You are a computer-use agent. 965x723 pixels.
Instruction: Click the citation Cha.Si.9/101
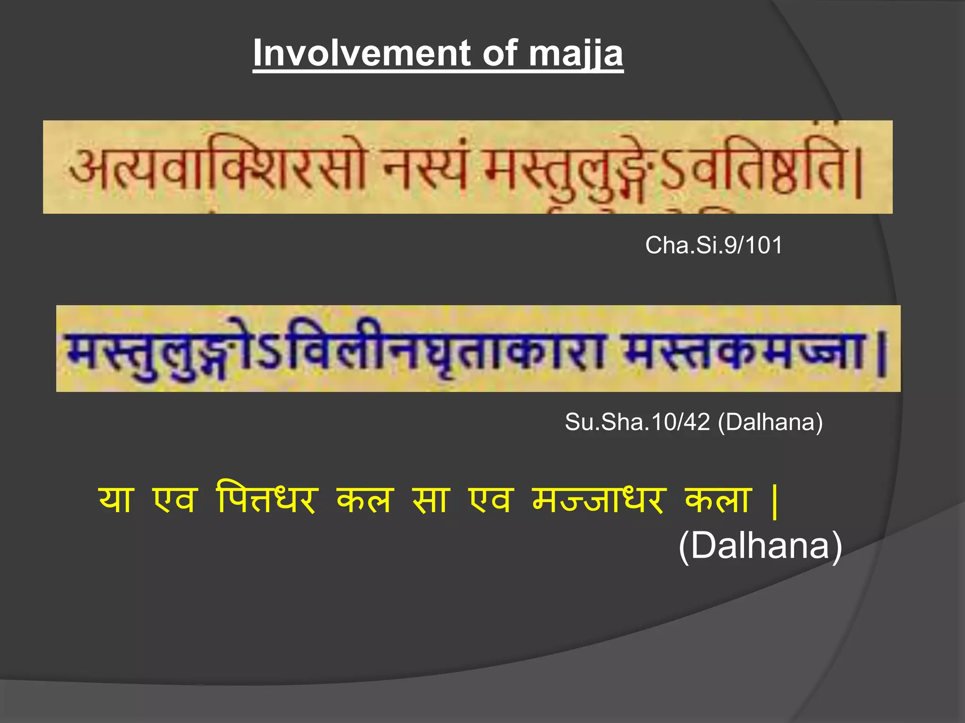coord(713,245)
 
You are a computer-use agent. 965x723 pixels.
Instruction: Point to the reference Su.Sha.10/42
coord(637,422)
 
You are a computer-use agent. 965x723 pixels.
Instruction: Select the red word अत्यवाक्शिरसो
coord(217,168)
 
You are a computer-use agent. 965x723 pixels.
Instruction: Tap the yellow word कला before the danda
coord(717,500)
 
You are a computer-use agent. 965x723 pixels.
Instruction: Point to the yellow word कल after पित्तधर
coord(364,500)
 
